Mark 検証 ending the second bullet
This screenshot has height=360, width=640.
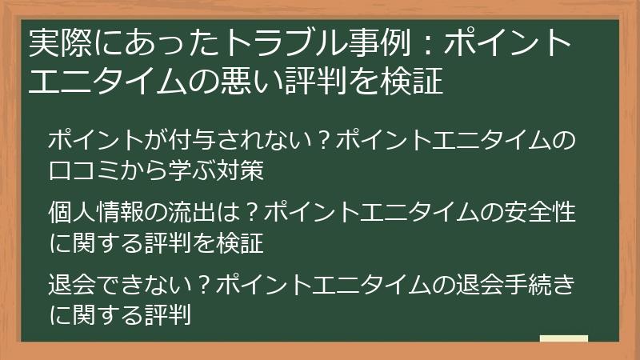click(242, 242)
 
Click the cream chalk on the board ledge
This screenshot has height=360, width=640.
click(564, 339)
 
